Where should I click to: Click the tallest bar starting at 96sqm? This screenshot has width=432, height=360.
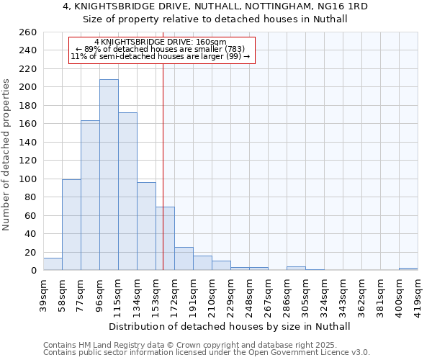(x=109, y=175)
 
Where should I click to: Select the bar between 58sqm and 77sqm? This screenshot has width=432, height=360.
(x=71, y=225)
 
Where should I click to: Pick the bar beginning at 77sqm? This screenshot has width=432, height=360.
(x=90, y=195)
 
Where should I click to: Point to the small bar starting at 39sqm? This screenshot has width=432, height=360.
(x=53, y=264)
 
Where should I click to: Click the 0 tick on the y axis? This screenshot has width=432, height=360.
(x=33, y=270)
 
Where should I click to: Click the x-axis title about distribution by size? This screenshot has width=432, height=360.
(x=230, y=326)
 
